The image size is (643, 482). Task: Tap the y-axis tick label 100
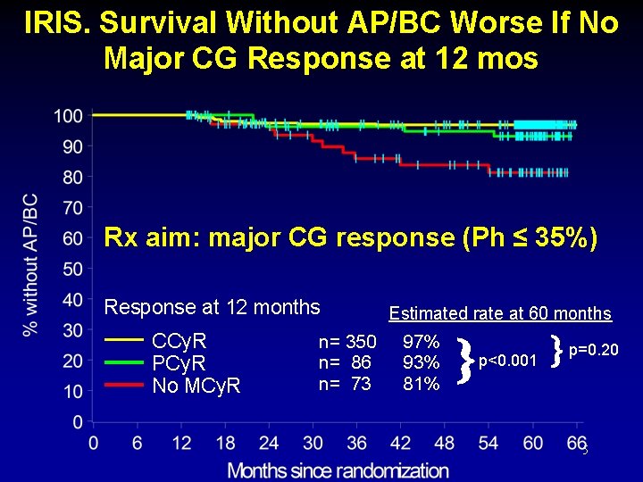69,116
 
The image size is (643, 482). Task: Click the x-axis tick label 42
401,444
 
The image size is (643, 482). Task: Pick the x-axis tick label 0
94,444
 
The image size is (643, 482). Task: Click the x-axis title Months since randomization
338,470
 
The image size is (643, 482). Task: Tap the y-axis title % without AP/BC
30,264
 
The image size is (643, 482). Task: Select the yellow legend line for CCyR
124,340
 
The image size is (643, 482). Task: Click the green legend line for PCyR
124,362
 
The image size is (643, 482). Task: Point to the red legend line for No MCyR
124,385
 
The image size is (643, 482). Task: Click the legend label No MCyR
196,386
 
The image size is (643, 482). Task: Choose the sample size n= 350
347,342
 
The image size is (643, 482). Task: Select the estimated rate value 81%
421,385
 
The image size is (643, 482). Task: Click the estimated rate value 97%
421,342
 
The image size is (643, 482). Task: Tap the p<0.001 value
507,361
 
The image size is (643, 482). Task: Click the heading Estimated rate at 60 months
500,313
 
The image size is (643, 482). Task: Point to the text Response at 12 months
213,307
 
